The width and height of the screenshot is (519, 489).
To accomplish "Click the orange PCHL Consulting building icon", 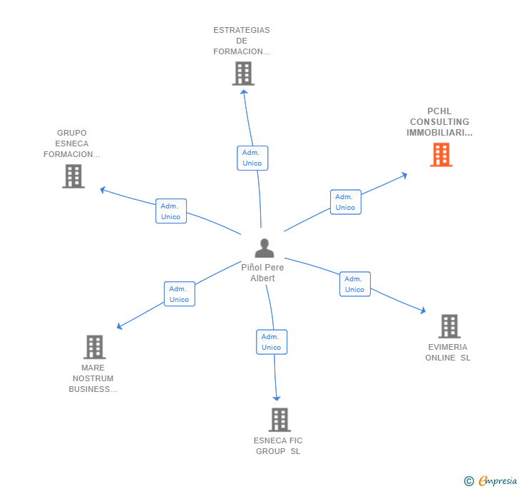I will click(x=441, y=155).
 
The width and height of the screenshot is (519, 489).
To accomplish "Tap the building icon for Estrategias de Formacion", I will click(x=243, y=74).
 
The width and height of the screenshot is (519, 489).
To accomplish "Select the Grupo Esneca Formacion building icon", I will click(x=73, y=176).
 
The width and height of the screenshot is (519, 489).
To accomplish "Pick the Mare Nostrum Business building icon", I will click(x=94, y=347).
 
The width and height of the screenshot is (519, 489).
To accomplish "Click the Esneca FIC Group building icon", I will click(x=279, y=420).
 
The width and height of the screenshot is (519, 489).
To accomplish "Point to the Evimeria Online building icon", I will click(x=449, y=326).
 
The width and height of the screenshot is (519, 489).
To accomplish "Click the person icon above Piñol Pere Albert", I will click(x=264, y=248).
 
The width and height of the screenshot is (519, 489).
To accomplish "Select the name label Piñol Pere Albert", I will click(x=262, y=273).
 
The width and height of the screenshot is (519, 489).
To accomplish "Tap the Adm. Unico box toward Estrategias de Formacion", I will click(x=252, y=158).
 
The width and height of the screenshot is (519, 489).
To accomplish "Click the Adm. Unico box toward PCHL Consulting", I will click(x=345, y=202).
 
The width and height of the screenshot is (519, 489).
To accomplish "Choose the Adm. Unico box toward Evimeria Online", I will click(x=354, y=284).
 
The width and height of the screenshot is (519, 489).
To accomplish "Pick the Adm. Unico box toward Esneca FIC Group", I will click(x=271, y=342).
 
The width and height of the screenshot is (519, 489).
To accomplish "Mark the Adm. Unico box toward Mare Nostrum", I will click(x=179, y=294).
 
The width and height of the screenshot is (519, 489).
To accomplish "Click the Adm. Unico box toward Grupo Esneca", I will click(x=170, y=211).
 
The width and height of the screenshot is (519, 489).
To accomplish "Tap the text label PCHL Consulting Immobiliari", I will click(x=439, y=122).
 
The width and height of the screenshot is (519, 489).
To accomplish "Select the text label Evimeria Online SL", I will click(x=448, y=353).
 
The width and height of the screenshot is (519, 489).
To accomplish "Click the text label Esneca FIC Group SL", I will click(x=278, y=446).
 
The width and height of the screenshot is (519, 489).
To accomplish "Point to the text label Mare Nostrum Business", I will click(x=93, y=378).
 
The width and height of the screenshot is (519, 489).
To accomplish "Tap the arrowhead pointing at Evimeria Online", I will click(x=423, y=311).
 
